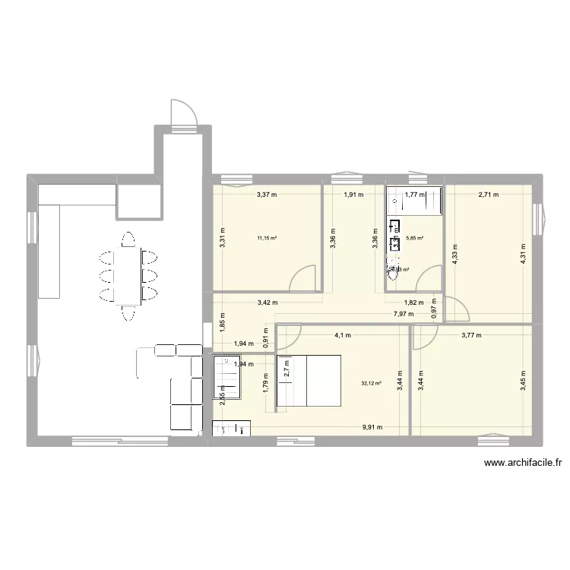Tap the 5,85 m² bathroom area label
(415, 238)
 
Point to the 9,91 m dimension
(371, 427)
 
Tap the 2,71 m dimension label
(488, 195)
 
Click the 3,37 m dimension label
(266, 195)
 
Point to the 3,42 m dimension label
(266, 302)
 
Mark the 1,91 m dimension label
(353, 195)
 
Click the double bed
(311, 382)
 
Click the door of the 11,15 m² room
(304, 277)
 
